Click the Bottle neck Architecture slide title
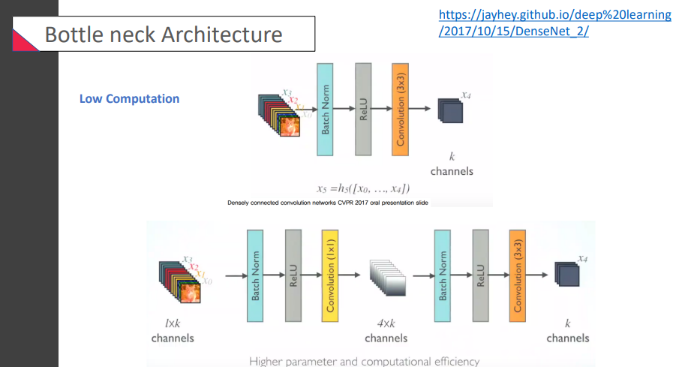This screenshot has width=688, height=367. click(x=164, y=35)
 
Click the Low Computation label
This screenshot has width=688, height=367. click(x=129, y=98)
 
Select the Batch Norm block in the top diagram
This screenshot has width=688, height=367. click(x=325, y=110)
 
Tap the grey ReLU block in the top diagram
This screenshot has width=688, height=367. click(x=363, y=110)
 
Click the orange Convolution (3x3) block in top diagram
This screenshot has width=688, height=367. click(x=400, y=110)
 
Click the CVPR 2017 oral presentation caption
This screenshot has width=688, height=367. click(x=326, y=203)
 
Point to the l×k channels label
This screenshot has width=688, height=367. click(x=173, y=331)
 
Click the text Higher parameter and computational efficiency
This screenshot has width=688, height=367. click(x=364, y=361)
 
